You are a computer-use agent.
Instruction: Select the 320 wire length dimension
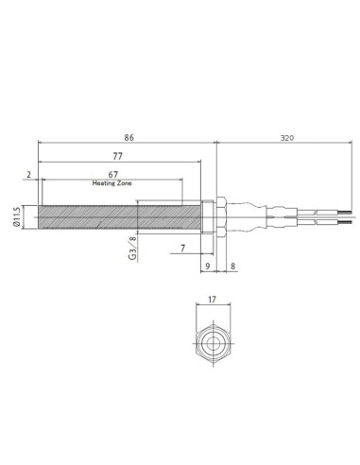coord(284,138)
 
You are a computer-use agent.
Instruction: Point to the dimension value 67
coord(113,175)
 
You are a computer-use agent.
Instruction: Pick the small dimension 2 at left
coord(29,175)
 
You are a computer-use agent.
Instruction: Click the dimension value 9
coord(208,267)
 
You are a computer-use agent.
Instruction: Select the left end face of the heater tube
coord(40,217)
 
